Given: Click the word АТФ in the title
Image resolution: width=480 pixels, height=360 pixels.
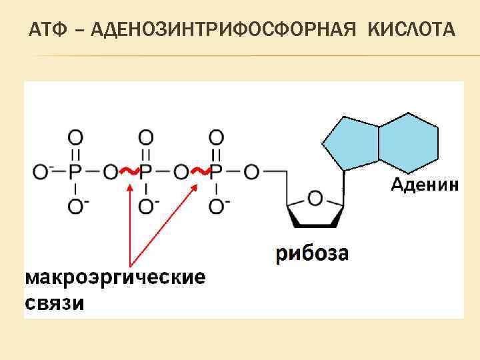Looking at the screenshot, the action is click(x=48, y=31).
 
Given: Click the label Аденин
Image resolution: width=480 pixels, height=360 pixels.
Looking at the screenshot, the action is click(x=424, y=185).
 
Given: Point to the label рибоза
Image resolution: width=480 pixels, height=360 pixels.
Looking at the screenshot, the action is click(x=312, y=253).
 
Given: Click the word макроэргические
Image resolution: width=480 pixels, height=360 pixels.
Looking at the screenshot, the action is click(x=115, y=277).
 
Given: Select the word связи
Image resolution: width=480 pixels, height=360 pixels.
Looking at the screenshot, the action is click(x=55, y=303).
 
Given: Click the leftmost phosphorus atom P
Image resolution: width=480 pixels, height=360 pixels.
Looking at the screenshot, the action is click(x=75, y=172).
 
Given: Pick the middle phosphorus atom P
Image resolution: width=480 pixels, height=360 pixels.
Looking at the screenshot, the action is click(x=146, y=172).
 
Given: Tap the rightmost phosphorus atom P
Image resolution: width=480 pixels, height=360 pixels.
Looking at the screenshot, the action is click(x=215, y=172).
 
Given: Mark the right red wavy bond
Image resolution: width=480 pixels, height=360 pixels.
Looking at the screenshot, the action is click(x=199, y=171).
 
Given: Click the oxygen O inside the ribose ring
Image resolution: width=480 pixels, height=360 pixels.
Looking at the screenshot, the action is click(x=315, y=197).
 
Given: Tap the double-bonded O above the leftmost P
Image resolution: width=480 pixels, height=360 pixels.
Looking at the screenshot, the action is click(x=75, y=137).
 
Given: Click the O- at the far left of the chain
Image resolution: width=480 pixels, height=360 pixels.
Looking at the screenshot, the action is click(x=40, y=172).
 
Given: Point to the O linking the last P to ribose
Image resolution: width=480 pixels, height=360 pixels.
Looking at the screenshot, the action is click(x=251, y=172).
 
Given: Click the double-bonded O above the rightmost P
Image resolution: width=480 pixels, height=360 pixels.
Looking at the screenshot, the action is click(x=215, y=137).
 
